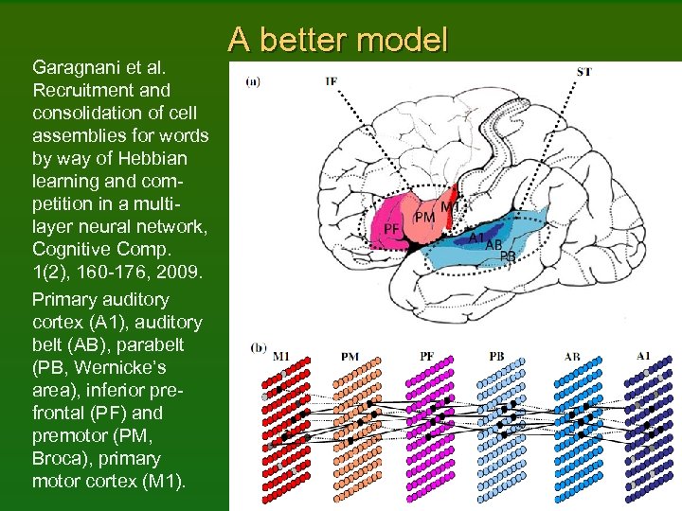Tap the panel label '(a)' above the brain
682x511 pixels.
(254, 81)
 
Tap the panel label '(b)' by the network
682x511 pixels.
(259, 347)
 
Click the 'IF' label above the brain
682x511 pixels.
(331, 81)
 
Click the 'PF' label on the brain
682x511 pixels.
(390, 229)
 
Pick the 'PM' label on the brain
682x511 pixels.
(425, 218)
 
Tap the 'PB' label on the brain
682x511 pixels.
(508, 255)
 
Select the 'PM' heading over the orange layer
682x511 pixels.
(350, 357)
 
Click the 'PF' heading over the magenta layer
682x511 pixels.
(428, 357)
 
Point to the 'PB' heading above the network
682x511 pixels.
(496, 357)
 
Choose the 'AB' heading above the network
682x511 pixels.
(571, 357)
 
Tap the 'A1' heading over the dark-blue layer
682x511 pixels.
(643, 356)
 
